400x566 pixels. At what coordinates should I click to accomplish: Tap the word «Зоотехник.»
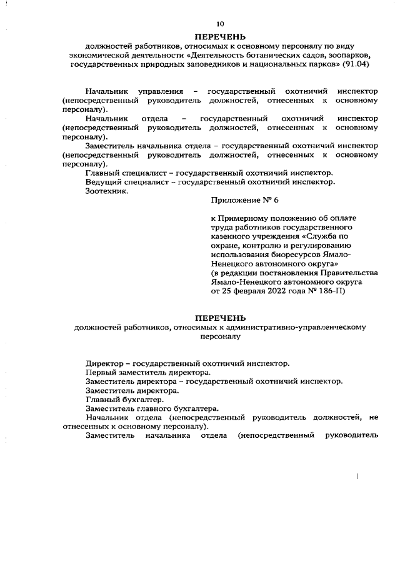point(107,191)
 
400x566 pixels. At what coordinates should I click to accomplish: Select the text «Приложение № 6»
point(243,201)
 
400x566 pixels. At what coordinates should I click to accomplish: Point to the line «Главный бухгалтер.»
point(125,399)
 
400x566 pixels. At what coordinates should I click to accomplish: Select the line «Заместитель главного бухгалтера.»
point(151,408)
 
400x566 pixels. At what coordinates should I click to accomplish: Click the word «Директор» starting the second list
point(104,363)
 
